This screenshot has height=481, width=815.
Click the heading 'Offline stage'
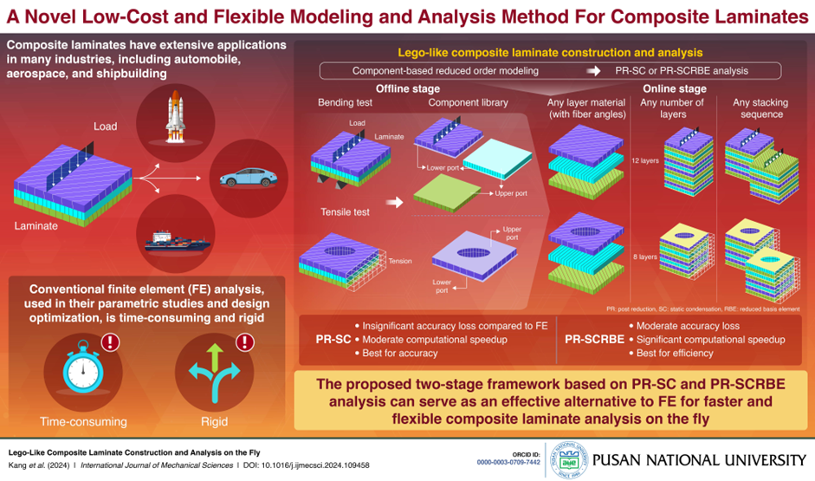pos(407,89)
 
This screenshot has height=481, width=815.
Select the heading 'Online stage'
pos(676,89)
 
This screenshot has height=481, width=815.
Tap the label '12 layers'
pos(646,161)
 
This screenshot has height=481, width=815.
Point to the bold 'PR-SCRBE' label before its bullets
pos(594,339)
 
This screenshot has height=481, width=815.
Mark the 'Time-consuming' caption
pos(83,422)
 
